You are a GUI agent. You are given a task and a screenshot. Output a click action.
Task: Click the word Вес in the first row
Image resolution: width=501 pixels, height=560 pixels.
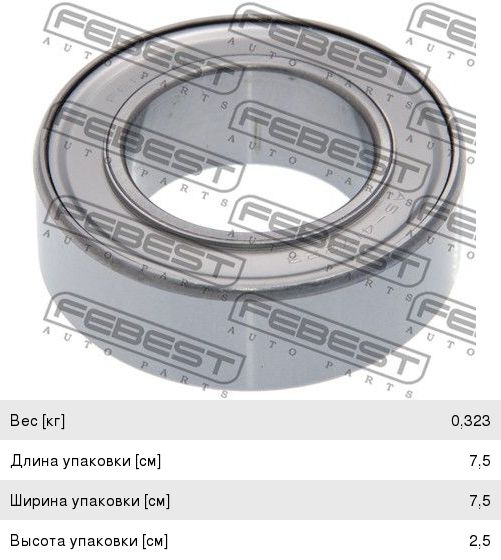pos(24,420)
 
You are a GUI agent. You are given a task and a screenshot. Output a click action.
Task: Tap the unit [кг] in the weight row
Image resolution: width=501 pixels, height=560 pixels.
pos(53,421)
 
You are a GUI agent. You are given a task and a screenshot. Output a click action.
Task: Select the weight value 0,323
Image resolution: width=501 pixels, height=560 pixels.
pos(471,421)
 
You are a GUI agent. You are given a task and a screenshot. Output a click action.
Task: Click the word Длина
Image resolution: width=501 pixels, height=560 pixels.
pos(34,461)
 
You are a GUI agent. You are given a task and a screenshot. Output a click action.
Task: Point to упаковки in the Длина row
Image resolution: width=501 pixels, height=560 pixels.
pos(96,461)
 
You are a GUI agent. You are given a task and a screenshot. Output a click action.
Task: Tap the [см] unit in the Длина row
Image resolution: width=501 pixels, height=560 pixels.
pos(148,461)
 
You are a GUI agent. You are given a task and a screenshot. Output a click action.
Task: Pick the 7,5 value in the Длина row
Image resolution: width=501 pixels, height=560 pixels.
pos(480,461)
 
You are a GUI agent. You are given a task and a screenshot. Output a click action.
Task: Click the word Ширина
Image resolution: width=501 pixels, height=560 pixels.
pos(39,501)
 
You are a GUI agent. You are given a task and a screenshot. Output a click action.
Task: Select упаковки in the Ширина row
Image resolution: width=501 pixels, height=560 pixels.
pos(106,501)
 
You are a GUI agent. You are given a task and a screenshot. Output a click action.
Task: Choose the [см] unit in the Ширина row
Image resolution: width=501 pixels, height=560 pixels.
pos(157,501)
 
